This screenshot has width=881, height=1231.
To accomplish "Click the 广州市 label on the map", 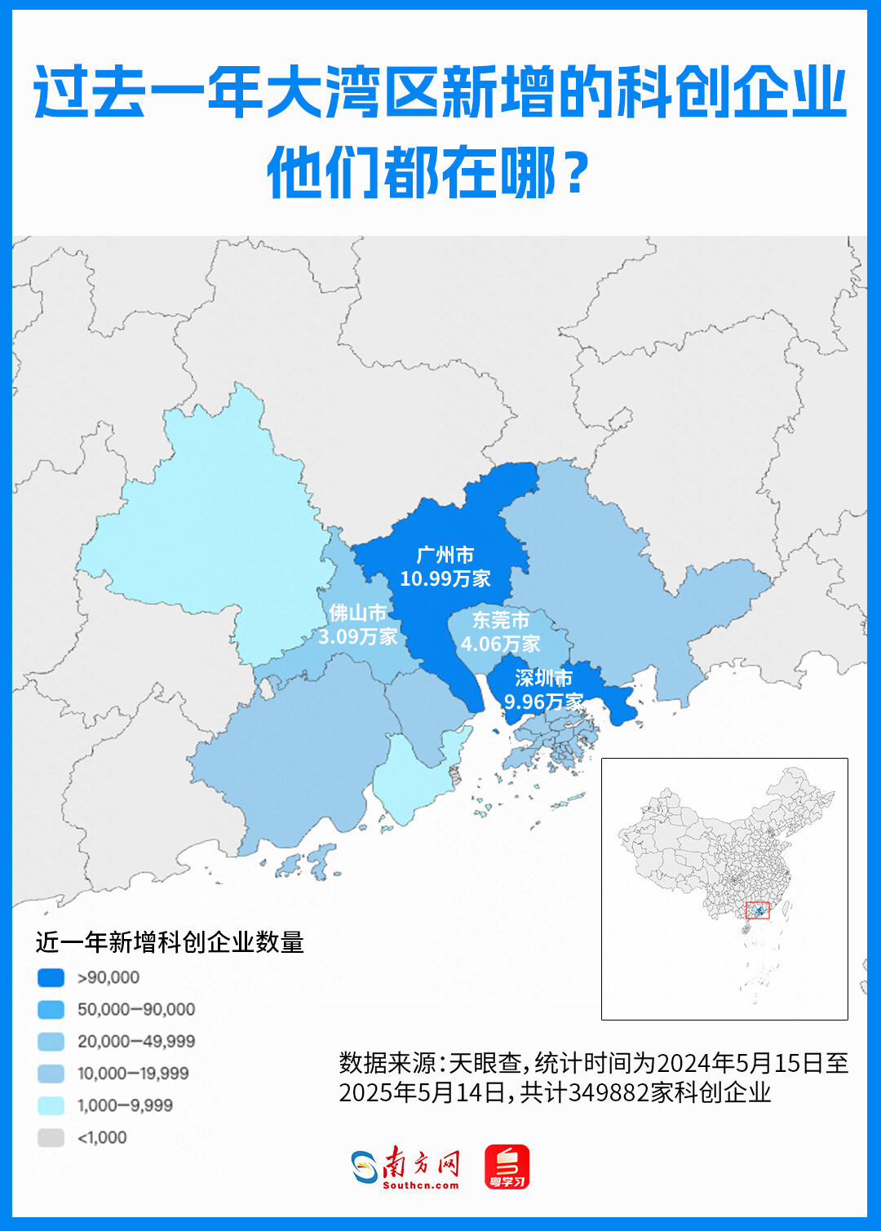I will click(x=445, y=556).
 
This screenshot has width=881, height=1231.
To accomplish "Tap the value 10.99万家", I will click(x=445, y=579).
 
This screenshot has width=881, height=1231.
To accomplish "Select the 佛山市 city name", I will click(x=357, y=613).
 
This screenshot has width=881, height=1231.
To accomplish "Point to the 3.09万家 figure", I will click(x=357, y=636).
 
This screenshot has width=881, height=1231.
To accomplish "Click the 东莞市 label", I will click(x=501, y=620).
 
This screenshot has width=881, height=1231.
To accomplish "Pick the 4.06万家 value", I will click(x=501, y=644).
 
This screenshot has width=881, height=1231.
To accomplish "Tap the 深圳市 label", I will click(x=543, y=678).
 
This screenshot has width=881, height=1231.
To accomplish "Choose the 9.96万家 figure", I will click(x=543, y=702).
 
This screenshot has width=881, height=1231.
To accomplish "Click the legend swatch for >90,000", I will click(x=51, y=977).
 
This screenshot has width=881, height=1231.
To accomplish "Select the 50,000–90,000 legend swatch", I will click(x=51, y=1009).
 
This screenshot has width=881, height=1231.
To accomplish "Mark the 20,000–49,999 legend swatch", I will click(x=51, y=1041).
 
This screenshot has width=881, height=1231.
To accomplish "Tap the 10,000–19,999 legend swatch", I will click(x=51, y=1074).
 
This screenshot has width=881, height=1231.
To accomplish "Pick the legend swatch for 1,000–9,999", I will click(x=51, y=1105).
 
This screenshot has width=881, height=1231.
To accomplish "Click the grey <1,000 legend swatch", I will click(x=51, y=1137).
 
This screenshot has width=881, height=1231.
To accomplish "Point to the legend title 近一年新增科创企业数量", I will click(x=170, y=942).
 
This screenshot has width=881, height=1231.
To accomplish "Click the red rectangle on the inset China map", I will click(x=758, y=910).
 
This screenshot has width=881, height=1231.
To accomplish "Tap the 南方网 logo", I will click(x=405, y=1167).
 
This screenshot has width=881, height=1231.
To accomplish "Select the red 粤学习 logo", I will click(x=507, y=1167).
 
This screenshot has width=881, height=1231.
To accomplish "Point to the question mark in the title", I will click(x=577, y=173).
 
